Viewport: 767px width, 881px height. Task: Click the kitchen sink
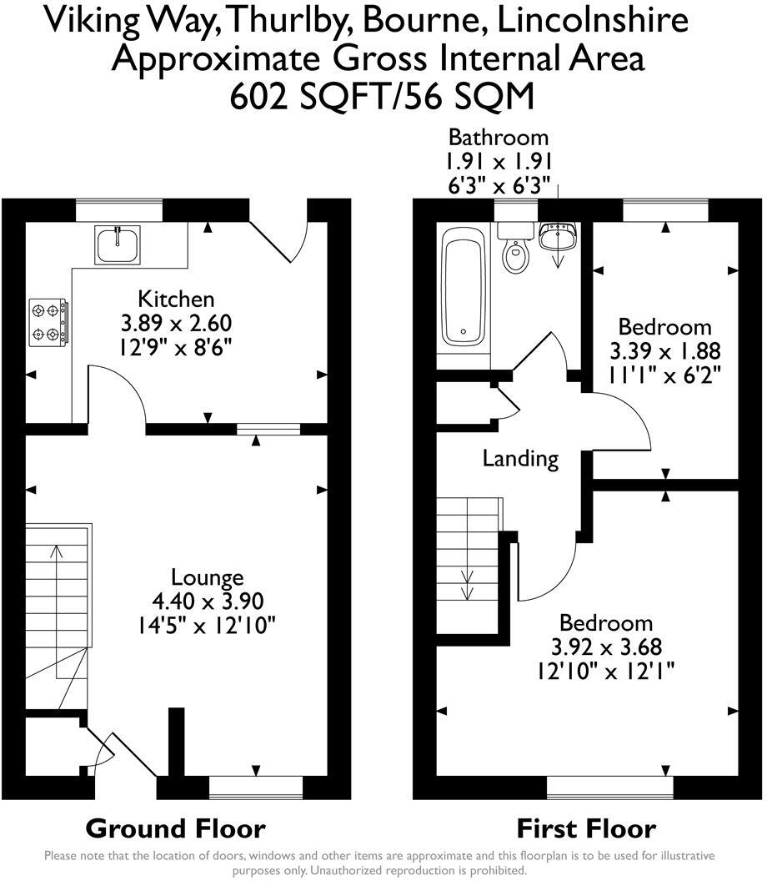point(118,244)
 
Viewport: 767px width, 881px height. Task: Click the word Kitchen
point(176,299)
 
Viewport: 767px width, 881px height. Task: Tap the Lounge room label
point(207,576)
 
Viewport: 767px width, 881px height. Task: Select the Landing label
point(520,458)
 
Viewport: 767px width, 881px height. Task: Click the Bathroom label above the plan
point(499,137)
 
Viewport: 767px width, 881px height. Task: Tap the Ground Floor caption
point(176,828)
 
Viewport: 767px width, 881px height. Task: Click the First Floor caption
point(586,828)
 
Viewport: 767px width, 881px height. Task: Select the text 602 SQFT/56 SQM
point(382,98)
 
